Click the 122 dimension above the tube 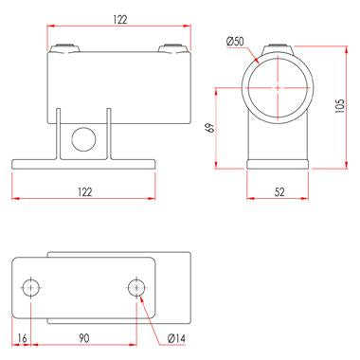120,20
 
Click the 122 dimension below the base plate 84,191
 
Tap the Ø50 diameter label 235,41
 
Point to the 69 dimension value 209,128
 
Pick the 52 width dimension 279,191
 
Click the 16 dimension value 22,338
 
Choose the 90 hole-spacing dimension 83,338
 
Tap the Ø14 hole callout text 176,338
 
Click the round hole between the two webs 83,139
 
